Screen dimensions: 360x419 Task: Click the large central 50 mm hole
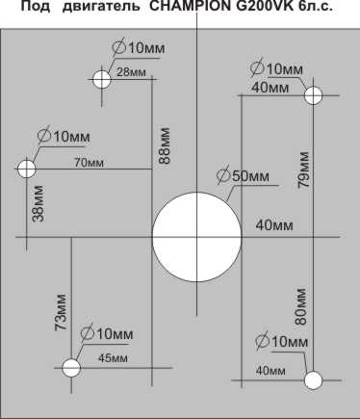coord(196,237)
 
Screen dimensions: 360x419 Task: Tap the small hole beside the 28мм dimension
coord(102,79)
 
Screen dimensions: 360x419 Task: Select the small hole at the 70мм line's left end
coord(27,169)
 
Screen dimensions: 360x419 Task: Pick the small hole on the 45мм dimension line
coord(71,368)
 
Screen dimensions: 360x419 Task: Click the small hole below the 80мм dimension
coord(313,380)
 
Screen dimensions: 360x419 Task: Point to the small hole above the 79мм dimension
coord(313,95)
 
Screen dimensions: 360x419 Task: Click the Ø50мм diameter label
coord(243,175)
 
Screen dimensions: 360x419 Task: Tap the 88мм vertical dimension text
coord(166,146)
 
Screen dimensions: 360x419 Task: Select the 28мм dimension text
coord(131,72)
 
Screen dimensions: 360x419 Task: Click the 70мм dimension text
coord(90,163)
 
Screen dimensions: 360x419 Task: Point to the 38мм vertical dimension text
coord(39,203)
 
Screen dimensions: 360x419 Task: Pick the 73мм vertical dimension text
coord(61,312)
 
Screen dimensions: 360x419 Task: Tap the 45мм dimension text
coord(113,358)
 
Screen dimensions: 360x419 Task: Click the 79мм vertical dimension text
coord(303,170)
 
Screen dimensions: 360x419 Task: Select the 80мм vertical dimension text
coord(300,307)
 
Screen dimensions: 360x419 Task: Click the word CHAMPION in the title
coord(191,7)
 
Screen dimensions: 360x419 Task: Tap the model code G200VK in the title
coord(267,7)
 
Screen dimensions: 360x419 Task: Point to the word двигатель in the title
coord(101,7)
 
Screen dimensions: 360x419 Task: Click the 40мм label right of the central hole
coord(274,225)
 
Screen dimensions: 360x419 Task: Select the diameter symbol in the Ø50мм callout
coord(223,175)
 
